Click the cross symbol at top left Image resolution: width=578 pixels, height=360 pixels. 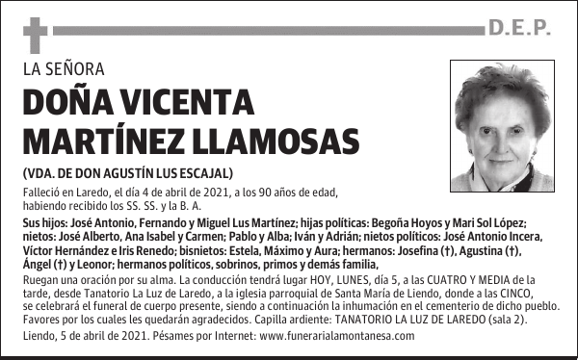click(35, 36)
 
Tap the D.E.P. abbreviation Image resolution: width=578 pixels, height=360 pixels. click(519, 29)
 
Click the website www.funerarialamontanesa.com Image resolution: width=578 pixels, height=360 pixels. click(337, 336)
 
